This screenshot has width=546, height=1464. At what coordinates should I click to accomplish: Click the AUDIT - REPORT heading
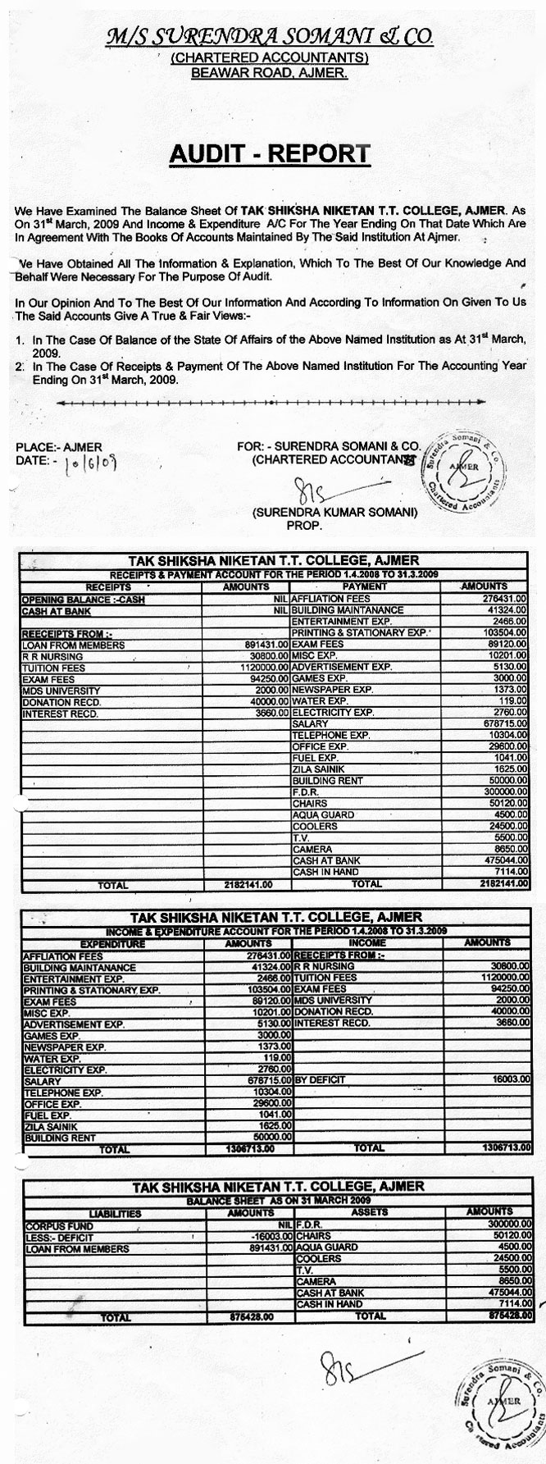tap(270, 153)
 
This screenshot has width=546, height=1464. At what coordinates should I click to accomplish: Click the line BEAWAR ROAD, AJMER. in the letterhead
tap(270, 74)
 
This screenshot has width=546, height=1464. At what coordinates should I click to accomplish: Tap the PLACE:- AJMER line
tap(59, 447)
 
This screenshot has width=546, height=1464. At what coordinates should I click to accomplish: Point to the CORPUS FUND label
tap(52, 1224)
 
